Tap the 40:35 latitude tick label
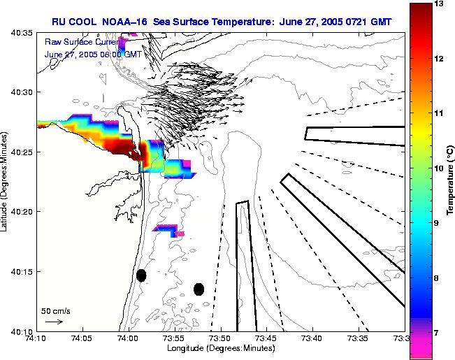click(x=20, y=33)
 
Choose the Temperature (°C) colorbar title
click(x=452, y=180)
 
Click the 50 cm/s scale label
click(x=55, y=310)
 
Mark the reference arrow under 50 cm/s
click(x=54, y=322)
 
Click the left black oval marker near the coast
click(x=141, y=275)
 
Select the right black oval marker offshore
click(x=198, y=289)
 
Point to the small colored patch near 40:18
click(x=168, y=229)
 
